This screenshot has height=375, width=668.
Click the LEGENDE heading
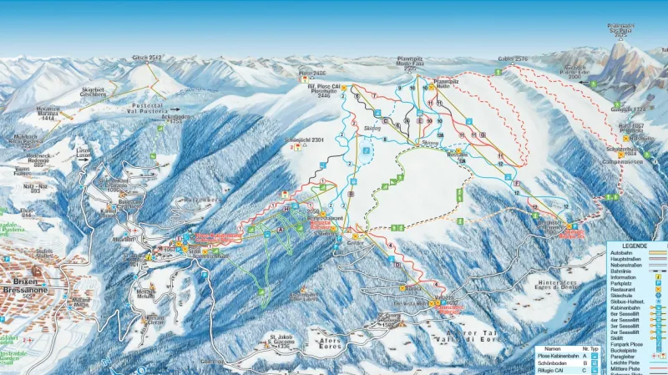[x=635, y=246]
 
